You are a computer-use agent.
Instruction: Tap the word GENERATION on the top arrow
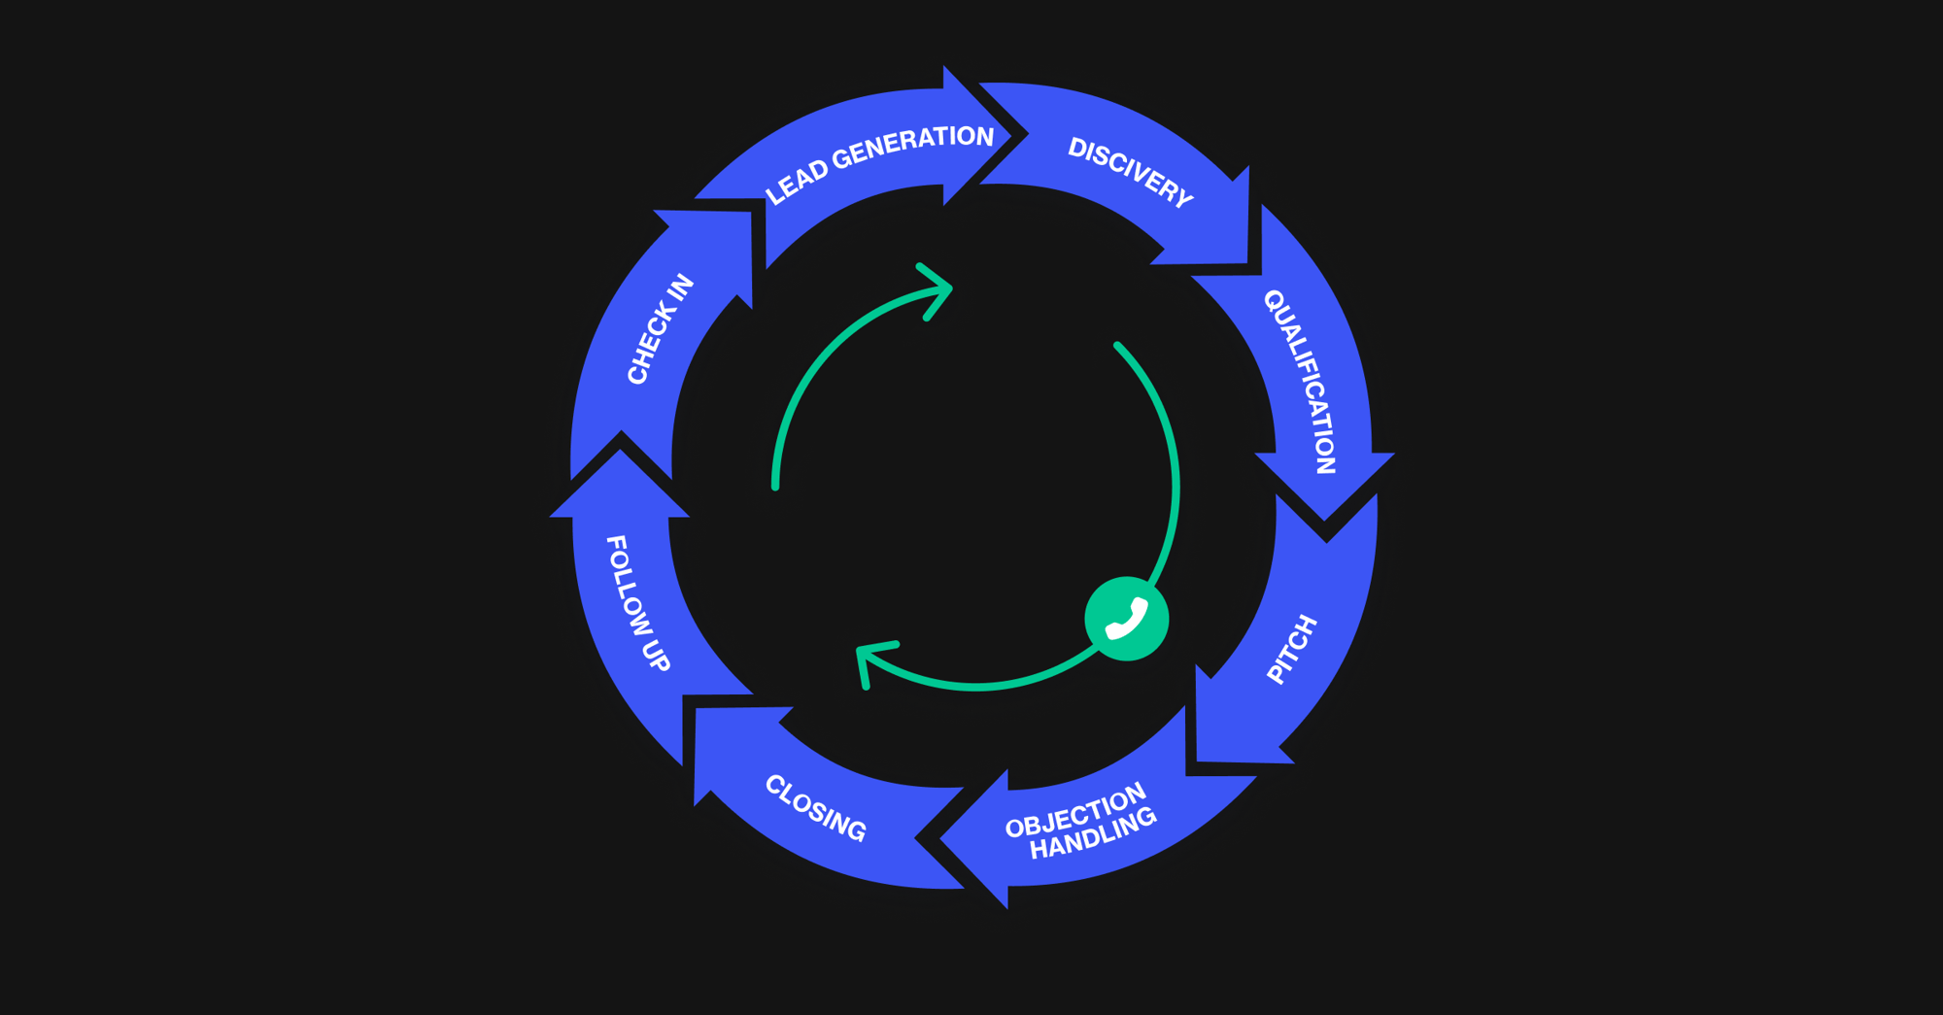(x=913, y=147)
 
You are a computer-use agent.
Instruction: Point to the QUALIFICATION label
(x=1300, y=381)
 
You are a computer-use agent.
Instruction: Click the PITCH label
(x=1292, y=649)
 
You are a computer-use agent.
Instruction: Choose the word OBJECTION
(x=1076, y=811)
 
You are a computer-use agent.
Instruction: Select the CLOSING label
(x=815, y=808)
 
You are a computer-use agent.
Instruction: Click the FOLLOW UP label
(x=637, y=602)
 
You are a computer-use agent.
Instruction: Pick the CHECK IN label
(x=661, y=328)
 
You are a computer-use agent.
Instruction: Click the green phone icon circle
(x=1127, y=619)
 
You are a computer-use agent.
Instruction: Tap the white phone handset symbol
(x=1127, y=620)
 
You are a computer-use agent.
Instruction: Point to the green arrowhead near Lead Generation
(x=935, y=290)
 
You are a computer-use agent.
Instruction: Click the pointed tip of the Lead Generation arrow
(x=1028, y=135)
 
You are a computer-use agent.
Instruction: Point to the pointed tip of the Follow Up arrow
(x=620, y=448)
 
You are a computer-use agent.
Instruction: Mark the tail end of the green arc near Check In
(x=775, y=486)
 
